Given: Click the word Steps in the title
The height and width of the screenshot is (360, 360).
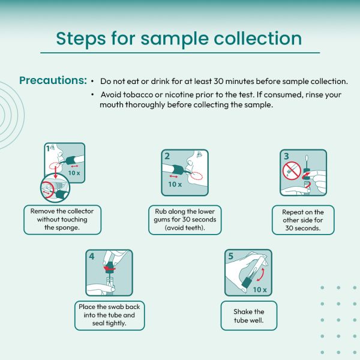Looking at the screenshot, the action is (80, 38).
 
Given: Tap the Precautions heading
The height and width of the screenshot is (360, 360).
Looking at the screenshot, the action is (53, 80).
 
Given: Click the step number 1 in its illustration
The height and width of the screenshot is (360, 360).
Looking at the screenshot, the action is (47, 149).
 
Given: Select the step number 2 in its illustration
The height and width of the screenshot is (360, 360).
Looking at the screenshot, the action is (167, 156).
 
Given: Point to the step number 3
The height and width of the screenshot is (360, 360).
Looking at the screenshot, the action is (286, 156).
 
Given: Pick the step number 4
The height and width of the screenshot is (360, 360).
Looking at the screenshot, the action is (92, 256).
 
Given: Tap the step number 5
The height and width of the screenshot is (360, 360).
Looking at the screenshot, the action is (231, 256).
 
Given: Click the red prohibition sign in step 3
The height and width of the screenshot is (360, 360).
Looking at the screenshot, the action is (292, 170).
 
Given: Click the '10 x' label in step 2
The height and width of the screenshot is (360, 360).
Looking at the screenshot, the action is (175, 184).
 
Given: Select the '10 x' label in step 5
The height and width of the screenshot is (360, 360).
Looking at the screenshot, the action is (260, 290).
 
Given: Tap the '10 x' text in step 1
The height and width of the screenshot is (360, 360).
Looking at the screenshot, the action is (74, 173).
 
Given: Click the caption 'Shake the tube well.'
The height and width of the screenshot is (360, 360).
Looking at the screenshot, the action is (249, 316).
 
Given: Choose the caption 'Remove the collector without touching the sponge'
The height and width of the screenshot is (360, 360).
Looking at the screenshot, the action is (62, 220).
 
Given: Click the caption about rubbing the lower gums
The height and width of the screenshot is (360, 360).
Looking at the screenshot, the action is (185, 220).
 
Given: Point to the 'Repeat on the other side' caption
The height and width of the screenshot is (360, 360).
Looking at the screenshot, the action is (303, 220).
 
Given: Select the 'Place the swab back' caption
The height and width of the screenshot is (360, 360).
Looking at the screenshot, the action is (109, 315).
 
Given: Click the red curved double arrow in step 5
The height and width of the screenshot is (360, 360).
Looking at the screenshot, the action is (262, 274).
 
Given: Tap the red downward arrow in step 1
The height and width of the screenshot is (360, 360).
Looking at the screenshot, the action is (55, 173).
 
